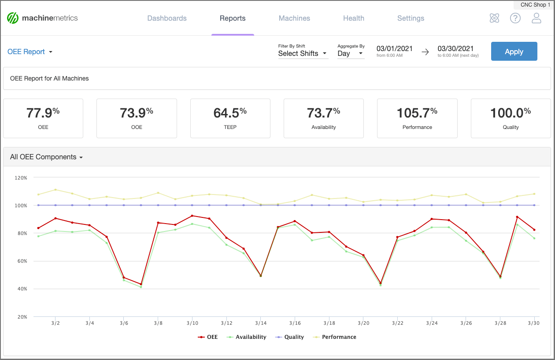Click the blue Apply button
point(514,51)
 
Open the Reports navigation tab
point(233,18)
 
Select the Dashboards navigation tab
point(167,18)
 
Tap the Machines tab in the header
point(294,18)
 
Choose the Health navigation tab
point(354,18)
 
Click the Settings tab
point(411,18)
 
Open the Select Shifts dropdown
point(303,54)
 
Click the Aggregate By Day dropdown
point(351,54)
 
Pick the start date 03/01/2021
point(394,49)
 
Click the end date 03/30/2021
point(455,49)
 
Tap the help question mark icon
point(515,18)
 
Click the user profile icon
point(536,18)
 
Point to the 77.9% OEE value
point(43,114)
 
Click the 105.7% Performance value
point(417,114)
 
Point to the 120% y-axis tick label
point(21,178)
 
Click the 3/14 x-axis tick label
point(260,323)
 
